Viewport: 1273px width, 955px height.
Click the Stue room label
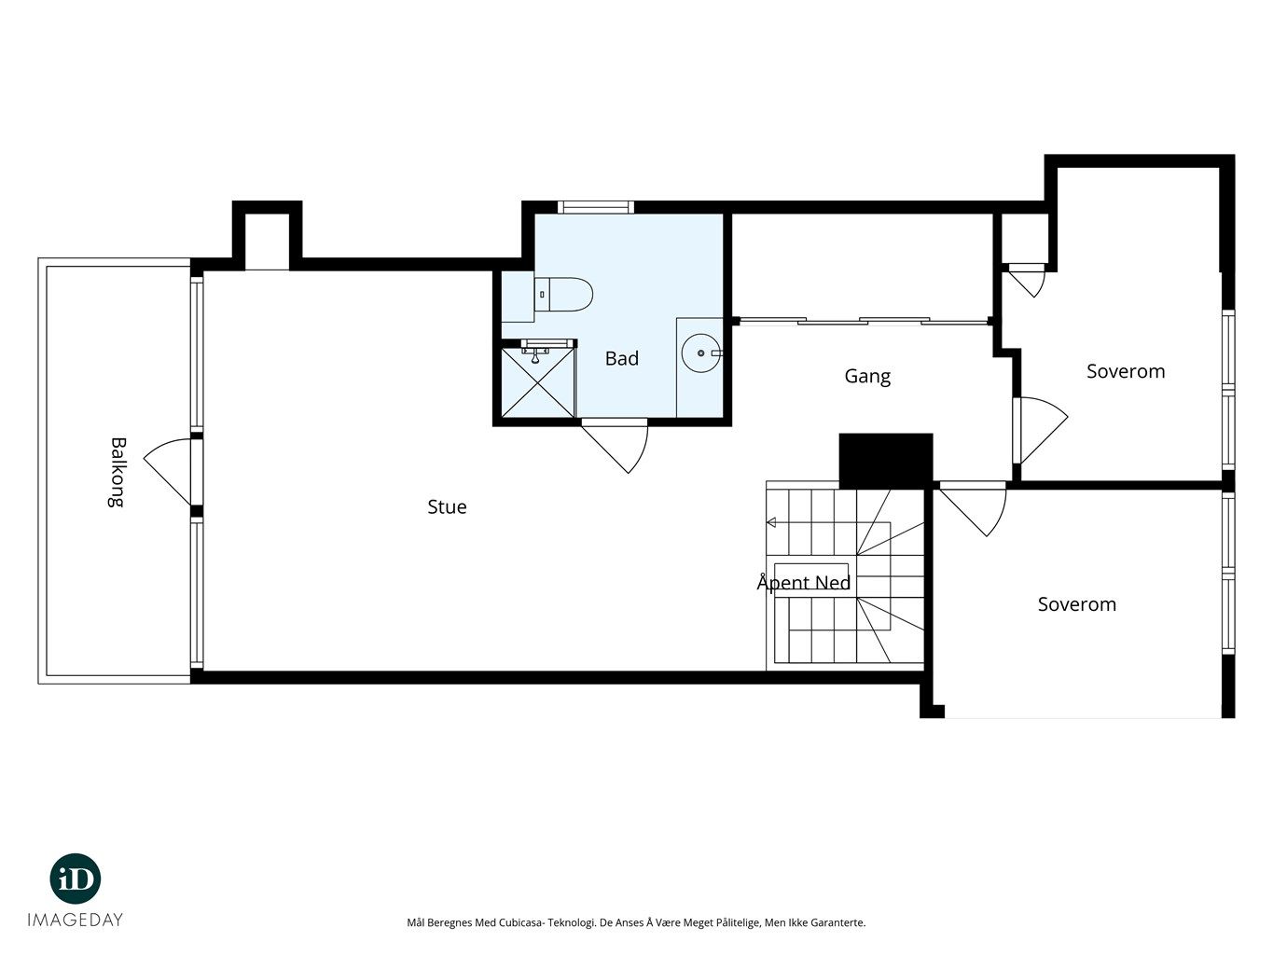point(447,506)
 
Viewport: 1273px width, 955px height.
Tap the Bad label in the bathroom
point(622,358)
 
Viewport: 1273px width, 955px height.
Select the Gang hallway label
point(867,377)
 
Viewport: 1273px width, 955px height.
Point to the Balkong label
point(118,472)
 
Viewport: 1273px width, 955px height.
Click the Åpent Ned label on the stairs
point(803,582)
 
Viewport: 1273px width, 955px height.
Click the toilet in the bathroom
point(563,294)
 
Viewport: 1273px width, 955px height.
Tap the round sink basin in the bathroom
point(700,353)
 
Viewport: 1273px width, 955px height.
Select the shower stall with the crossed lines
point(537,382)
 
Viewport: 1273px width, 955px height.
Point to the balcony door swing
point(168,471)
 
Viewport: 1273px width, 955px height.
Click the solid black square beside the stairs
point(886,461)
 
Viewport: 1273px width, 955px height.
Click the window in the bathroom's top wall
point(596,207)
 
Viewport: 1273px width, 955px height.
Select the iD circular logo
point(76,879)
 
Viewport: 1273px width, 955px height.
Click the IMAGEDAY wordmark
point(76,920)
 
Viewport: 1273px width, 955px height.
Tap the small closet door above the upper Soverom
point(1027,281)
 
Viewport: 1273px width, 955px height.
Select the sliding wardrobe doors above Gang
point(863,321)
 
